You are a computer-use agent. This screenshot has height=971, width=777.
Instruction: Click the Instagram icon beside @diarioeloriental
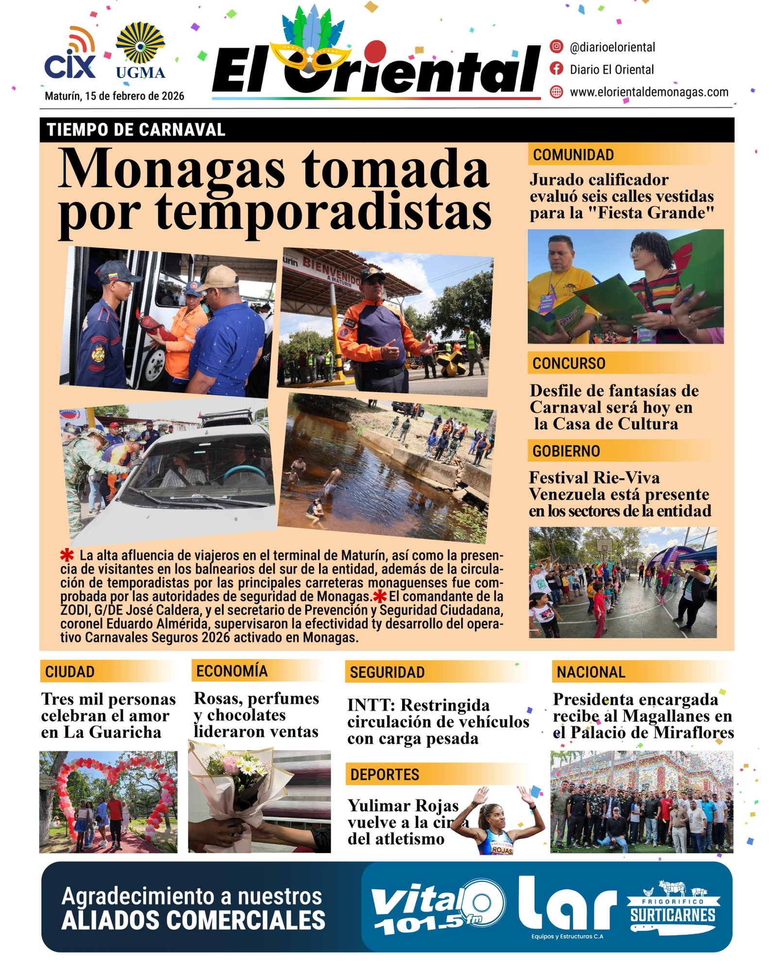tap(556, 47)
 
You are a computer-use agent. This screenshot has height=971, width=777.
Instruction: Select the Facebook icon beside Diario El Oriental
tap(556, 69)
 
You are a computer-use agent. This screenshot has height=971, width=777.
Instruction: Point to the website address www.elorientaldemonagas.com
tap(649, 92)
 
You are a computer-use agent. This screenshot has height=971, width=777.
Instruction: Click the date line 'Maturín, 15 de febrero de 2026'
tap(114, 96)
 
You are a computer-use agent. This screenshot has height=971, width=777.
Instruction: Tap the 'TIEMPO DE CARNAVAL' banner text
tap(136, 130)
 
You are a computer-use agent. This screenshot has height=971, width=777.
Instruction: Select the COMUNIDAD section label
tap(573, 155)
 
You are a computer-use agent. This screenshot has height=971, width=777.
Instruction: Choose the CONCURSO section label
tap(569, 363)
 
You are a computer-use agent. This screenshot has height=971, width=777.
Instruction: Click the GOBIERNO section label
tap(566, 451)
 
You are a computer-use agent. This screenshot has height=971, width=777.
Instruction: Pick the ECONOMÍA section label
tap(232, 670)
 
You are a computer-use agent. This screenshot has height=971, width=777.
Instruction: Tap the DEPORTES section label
tap(385, 774)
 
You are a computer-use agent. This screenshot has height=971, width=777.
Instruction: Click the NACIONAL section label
tap(591, 672)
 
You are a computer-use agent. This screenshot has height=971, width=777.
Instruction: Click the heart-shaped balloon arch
tap(111, 787)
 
